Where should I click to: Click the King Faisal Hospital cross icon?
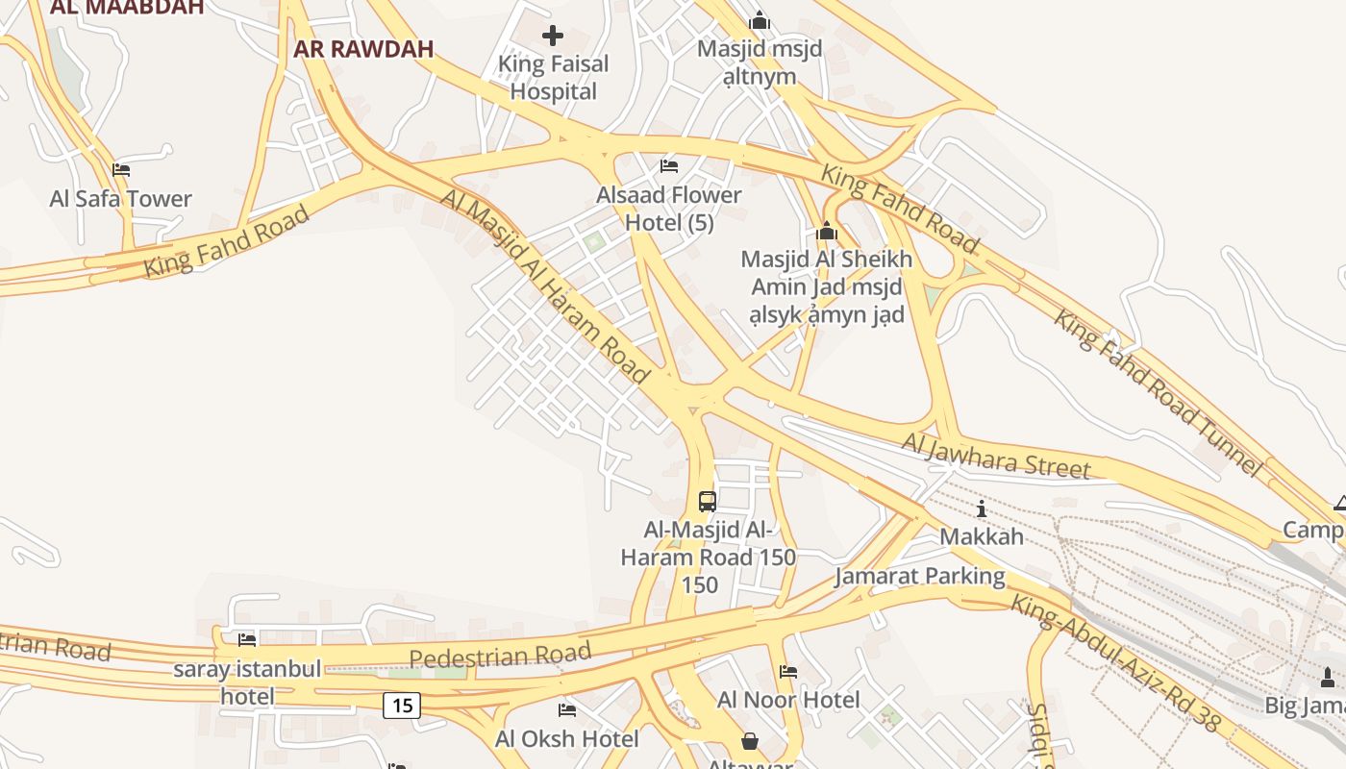(553, 37)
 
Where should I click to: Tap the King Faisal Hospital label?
(554, 78)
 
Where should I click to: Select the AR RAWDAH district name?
(363, 49)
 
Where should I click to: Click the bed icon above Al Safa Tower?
(121, 170)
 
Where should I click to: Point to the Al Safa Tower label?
(121, 199)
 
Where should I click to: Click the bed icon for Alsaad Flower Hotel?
(669, 166)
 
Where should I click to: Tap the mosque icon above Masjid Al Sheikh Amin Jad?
(826, 232)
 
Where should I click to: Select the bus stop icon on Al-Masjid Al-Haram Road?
(707, 501)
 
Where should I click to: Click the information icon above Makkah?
(981, 509)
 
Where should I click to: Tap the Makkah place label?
(982, 536)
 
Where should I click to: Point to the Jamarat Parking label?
(919, 577)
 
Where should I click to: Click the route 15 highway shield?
(402, 706)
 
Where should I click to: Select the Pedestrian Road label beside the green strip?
(499, 657)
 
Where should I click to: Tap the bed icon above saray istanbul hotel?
(247, 639)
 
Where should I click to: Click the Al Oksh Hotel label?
(566, 738)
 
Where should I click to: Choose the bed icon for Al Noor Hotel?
(788, 672)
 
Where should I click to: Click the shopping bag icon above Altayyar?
(750, 742)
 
